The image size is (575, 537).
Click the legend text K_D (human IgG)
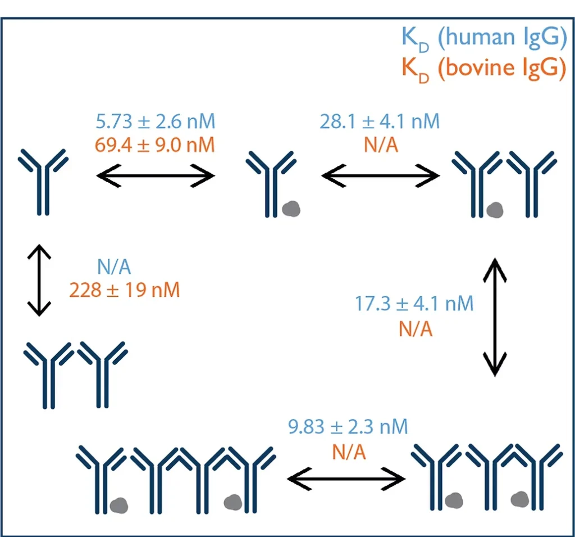[x=483, y=38]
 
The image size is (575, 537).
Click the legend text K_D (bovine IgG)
[x=483, y=69]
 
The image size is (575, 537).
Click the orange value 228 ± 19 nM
[x=125, y=290]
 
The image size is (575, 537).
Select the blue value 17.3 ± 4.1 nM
[x=414, y=304]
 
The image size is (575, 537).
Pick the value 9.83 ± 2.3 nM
[x=348, y=427]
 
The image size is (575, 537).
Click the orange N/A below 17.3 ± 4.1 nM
[x=416, y=328]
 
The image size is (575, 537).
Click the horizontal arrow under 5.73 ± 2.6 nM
[x=156, y=177]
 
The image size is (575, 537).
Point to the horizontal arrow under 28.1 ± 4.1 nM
[x=380, y=177]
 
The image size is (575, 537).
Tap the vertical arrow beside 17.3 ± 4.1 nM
[x=494, y=317]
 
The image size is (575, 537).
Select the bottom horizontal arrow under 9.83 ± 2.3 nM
[x=346, y=479]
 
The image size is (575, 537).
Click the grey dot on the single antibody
[x=291, y=209]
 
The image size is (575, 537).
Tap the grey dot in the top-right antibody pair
[x=494, y=210]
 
